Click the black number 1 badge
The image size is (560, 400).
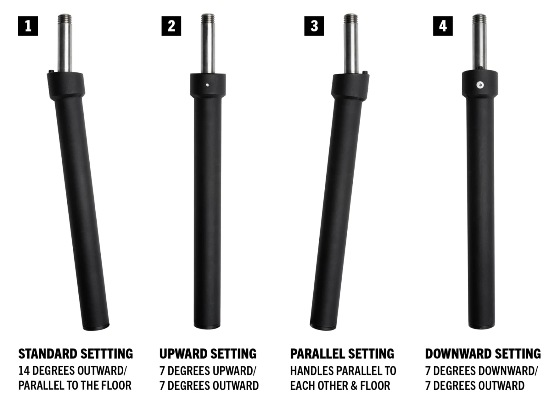28,26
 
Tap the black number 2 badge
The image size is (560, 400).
171,26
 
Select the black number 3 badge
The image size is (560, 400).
314,26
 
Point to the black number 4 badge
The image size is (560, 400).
443,26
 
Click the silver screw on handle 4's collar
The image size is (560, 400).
480,85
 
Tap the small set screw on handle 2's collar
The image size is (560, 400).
208,85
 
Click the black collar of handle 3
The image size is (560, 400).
350,86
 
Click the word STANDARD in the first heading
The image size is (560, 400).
48,354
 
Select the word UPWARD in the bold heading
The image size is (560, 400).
183,354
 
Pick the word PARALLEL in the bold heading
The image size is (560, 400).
317,354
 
